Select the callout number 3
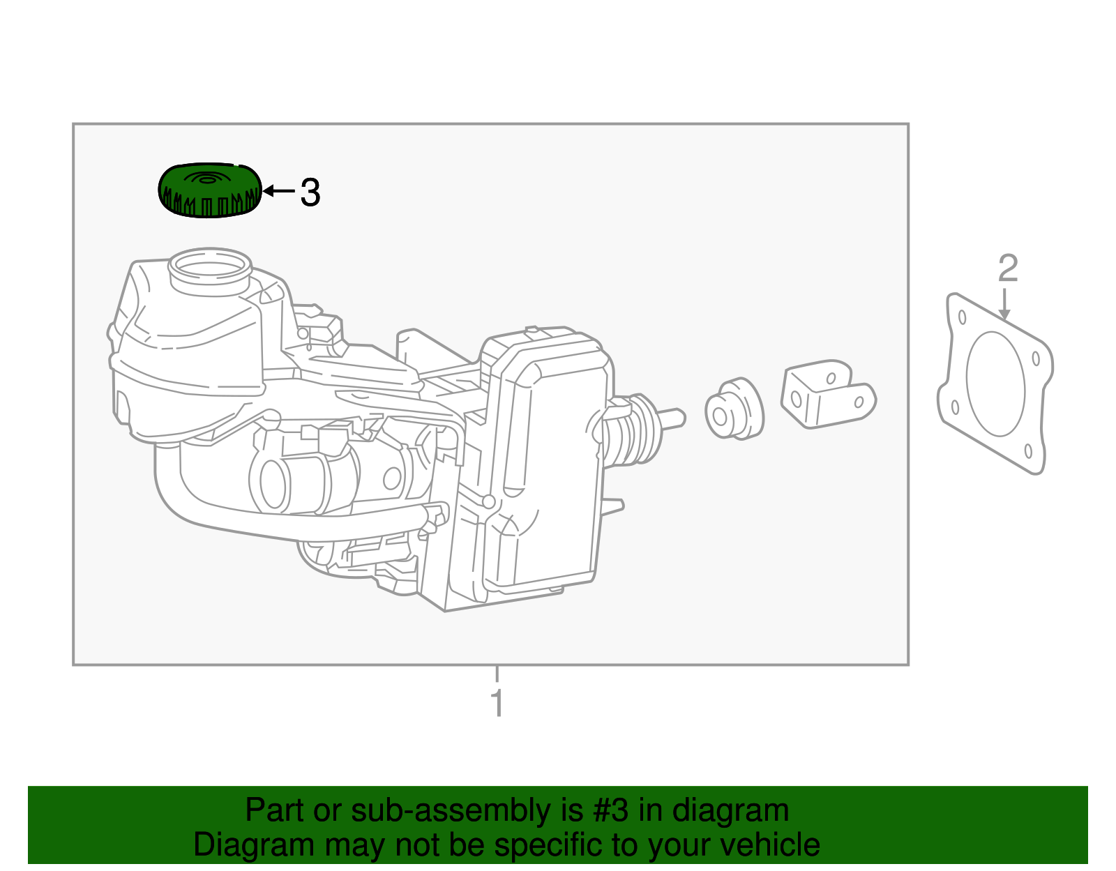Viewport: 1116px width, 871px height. click(310, 192)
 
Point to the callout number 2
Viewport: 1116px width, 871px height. click(1008, 268)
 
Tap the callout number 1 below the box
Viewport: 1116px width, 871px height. click(497, 704)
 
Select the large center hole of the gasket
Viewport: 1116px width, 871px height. click(995, 384)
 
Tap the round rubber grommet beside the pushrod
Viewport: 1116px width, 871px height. click(733, 409)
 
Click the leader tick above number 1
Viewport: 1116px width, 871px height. click(497, 674)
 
